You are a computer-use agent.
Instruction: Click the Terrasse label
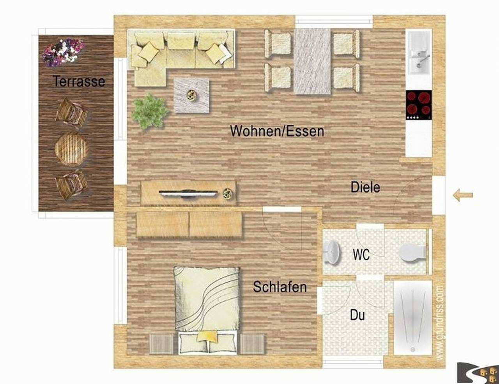coord(79,81)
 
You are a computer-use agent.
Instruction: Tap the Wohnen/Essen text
coord(277,131)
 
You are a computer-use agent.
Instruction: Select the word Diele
coord(365,187)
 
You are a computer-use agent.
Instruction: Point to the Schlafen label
coord(280,287)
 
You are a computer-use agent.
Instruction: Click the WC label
coord(361,255)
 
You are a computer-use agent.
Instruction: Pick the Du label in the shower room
coord(357,315)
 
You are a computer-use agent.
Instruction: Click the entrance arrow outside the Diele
coord(463,195)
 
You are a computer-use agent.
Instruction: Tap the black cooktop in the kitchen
coord(419,104)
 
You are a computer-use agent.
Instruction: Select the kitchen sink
coord(419,53)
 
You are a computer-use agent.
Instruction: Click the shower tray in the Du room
coord(413,317)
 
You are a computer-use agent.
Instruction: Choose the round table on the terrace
coord(71,149)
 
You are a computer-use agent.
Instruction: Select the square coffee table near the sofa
coord(191,95)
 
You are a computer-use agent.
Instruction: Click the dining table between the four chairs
coord(312,61)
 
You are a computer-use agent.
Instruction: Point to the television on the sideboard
coord(188,193)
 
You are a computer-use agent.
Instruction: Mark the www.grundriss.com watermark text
coord(439,324)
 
